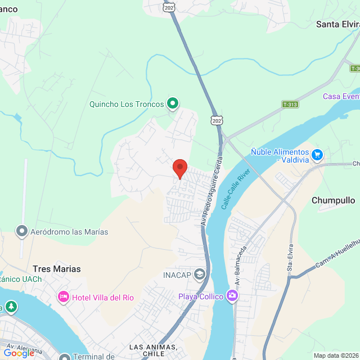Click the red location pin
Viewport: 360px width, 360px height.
point(179,168)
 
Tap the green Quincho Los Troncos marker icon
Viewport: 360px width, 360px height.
point(173,103)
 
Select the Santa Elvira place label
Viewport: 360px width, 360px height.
point(337,24)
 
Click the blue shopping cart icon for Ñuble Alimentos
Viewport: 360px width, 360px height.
point(317,154)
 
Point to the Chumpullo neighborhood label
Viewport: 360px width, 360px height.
point(333,200)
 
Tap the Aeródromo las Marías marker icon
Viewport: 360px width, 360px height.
point(22,231)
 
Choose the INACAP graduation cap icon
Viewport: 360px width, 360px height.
point(199,274)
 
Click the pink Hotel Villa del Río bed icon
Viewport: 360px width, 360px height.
point(64,296)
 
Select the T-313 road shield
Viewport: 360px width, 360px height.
point(289,105)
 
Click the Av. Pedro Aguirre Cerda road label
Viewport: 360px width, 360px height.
point(211,191)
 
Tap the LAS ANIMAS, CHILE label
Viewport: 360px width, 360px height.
point(154,350)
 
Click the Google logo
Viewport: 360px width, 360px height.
point(19,353)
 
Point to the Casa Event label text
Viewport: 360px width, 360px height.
point(341,96)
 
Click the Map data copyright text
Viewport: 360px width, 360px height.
point(336,355)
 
